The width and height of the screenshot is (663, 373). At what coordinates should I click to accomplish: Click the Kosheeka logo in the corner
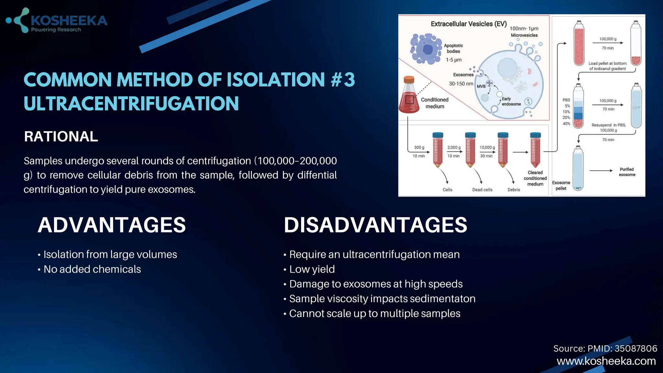click(57, 21)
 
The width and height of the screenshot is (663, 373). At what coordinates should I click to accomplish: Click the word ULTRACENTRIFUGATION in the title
click(131, 104)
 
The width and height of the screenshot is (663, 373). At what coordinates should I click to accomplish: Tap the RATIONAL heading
click(61, 136)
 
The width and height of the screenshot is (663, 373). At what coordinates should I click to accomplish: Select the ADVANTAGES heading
click(112, 225)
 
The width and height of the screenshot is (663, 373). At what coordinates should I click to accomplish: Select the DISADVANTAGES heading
click(375, 225)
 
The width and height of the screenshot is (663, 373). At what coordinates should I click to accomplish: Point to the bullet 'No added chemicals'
click(92, 269)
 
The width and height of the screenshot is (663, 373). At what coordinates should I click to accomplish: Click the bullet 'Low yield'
click(312, 269)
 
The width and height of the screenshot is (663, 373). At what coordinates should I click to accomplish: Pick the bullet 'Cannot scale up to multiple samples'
click(375, 313)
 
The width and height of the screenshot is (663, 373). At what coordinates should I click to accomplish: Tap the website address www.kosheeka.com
click(606, 361)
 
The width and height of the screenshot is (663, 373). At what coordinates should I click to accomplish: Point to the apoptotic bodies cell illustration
click(425, 49)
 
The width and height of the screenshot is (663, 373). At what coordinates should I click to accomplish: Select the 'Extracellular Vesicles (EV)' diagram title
click(468, 24)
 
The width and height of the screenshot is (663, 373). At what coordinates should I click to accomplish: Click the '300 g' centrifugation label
click(419, 147)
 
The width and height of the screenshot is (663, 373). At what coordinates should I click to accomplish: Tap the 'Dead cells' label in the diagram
click(482, 190)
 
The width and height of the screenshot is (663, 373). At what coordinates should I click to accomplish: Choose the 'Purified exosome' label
click(627, 172)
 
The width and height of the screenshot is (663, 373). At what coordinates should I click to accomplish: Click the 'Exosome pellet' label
click(561, 186)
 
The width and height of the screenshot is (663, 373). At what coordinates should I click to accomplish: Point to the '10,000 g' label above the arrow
click(487, 147)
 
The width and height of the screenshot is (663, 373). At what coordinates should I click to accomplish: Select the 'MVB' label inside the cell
click(481, 86)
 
